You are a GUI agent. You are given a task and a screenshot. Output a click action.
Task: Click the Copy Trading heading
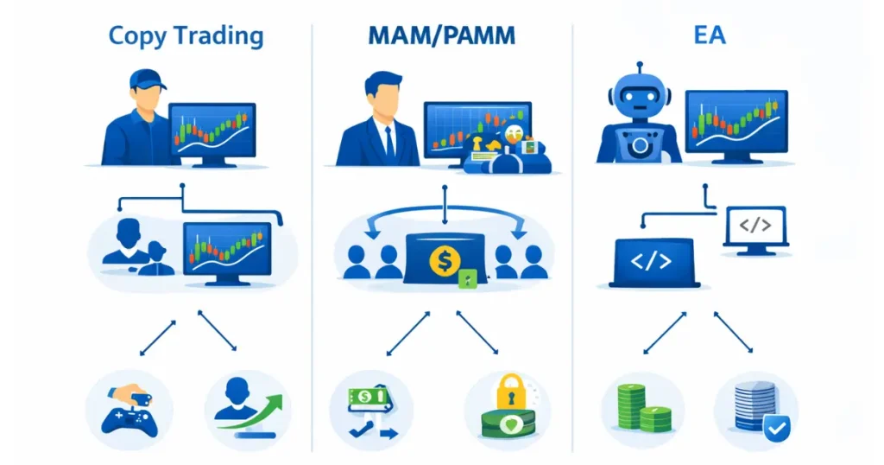click(186, 37)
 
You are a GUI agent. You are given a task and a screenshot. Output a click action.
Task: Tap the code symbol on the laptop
click(651, 261)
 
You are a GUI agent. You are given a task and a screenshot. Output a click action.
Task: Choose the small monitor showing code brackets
click(755, 228)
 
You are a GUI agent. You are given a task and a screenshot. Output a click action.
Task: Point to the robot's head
click(640, 100)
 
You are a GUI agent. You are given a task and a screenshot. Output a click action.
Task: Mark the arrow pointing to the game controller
click(157, 337)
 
